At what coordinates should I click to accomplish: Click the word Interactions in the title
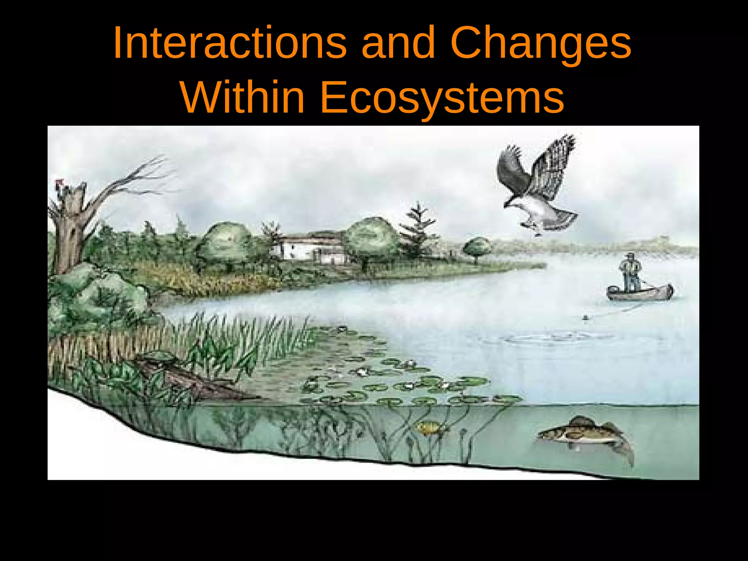230,43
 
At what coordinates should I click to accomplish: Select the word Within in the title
243,98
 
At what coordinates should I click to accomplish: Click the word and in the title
398,43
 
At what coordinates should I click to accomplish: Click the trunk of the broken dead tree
69,234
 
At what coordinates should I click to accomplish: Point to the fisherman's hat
630,255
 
